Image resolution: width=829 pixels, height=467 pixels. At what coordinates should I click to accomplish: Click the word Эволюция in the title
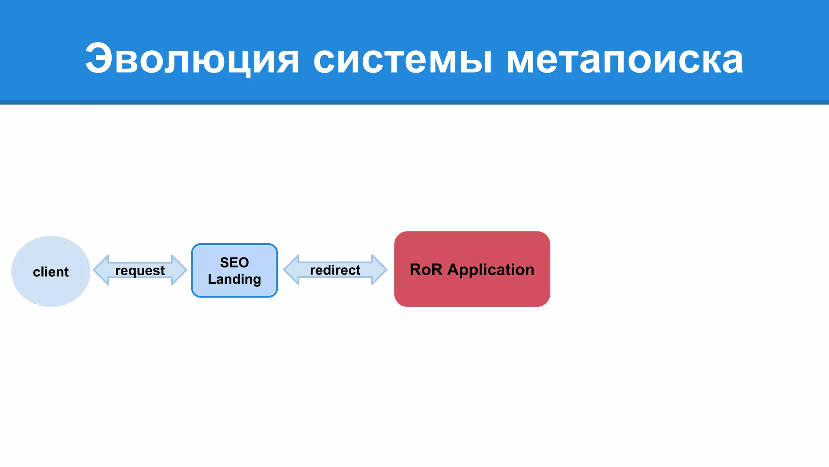(192, 59)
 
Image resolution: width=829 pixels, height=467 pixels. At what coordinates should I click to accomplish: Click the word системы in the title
(403, 59)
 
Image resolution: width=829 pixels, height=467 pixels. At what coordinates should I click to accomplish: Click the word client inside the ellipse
(51, 272)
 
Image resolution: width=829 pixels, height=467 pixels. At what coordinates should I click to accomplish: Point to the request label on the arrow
(140, 270)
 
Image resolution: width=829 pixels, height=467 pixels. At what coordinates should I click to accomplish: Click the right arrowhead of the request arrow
(179, 270)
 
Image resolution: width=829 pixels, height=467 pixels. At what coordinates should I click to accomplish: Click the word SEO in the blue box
(234, 262)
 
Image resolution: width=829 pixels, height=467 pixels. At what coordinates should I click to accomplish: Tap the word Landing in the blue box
(234, 279)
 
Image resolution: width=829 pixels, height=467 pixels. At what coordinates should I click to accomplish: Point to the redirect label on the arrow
(335, 270)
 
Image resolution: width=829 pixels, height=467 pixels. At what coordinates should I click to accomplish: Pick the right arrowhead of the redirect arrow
(379, 270)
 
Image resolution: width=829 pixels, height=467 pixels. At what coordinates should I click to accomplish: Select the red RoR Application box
(472, 292)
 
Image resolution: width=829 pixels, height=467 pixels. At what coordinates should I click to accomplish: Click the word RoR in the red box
(426, 270)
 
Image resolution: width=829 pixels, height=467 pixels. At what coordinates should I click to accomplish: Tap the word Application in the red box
(491, 270)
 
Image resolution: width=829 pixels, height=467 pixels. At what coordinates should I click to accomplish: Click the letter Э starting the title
(98, 59)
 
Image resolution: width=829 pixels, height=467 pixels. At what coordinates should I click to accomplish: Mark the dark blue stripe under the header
(414, 102)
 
